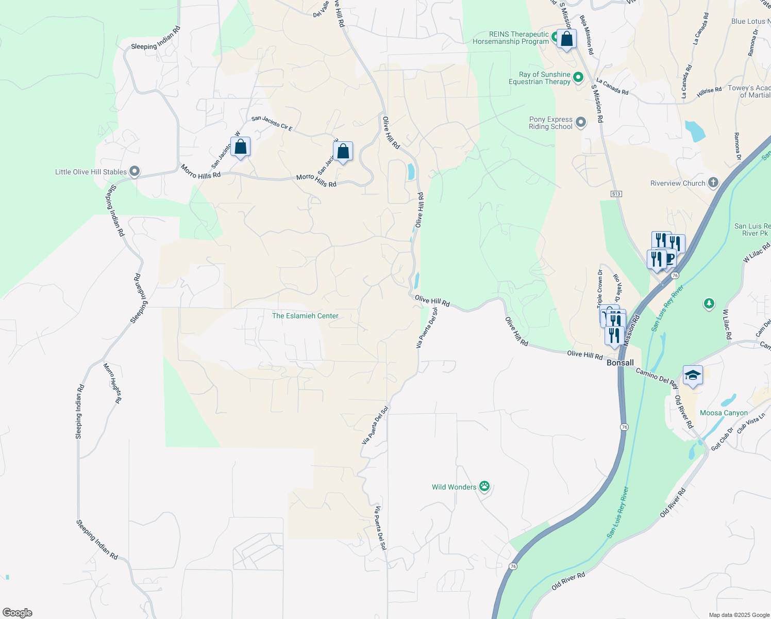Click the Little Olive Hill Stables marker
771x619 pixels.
(x=135, y=171)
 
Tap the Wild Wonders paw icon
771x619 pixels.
(x=484, y=486)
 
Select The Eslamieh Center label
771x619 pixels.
(x=305, y=316)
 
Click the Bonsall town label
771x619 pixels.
(x=620, y=363)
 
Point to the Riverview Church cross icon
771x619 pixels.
(x=713, y=182)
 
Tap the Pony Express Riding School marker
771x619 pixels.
(x=581, y=122)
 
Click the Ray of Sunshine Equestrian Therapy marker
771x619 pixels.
(x=578, y=77)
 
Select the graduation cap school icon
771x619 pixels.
(x=693, y=375)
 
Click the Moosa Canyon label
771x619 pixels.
(x=724, y=413)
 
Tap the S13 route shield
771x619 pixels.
(x=616, y=194)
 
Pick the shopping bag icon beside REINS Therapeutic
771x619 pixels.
(x=566, y=39)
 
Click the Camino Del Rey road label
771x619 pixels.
(x=657, y=378)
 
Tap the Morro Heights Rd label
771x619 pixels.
(x=113, y=383)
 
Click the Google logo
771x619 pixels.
(x=18, y=613)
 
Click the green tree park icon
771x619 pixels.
(x=709, y=304)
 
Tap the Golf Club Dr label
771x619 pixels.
(x=722, y=439)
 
